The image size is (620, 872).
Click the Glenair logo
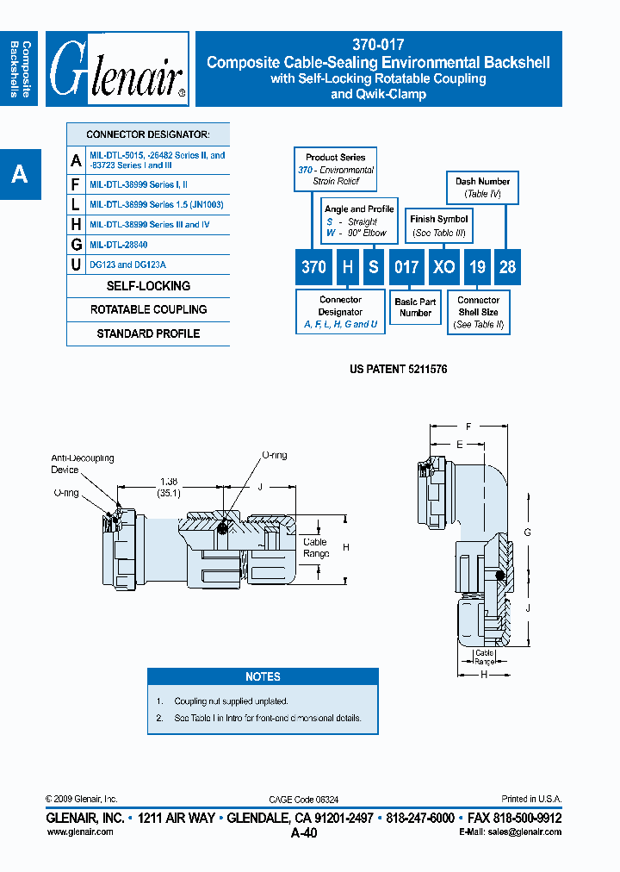tap(117, 70)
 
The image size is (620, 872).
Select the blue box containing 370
tap(313, 266)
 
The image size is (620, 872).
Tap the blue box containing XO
tap(444, 266)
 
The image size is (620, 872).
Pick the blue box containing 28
tap(507, 266)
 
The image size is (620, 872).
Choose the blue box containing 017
tap(406, 266)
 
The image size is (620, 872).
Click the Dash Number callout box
tap(482, 187)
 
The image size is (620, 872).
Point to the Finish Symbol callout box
tap(438, 226)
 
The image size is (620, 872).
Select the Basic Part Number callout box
tap(415, 308)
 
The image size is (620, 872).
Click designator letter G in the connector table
tap(77, 245)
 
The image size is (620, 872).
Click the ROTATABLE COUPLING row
tap(148, 309)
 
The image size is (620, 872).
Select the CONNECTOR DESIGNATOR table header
tap(148, 135)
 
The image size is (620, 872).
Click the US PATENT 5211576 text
tap(398, 369)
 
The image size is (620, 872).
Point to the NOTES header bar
tap(263, 676)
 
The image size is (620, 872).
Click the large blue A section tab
tap(20, 175)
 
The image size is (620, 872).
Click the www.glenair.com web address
tap(79, 832)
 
